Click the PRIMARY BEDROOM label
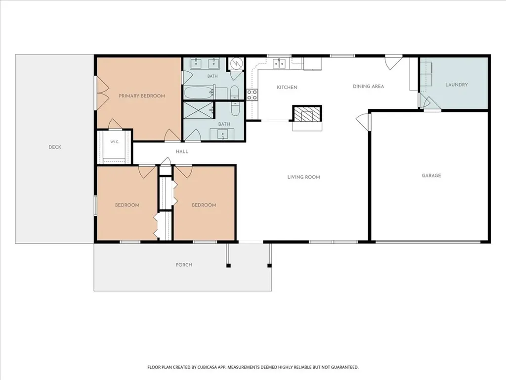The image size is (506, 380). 142,96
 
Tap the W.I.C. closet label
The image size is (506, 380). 114,142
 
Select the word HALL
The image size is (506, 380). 182,151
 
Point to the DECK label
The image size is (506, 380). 55,147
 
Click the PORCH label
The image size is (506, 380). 184,265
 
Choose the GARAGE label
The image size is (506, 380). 431,176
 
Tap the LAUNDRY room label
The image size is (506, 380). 456,85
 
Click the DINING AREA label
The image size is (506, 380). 368,86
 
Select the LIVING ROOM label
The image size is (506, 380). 304,177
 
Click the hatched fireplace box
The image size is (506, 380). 307,114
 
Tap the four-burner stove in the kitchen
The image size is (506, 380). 252,95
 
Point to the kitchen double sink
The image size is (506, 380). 279,64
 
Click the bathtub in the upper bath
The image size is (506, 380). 199,93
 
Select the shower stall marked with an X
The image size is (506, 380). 199,110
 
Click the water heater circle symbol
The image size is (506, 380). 237,63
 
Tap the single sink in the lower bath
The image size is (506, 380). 222,134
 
